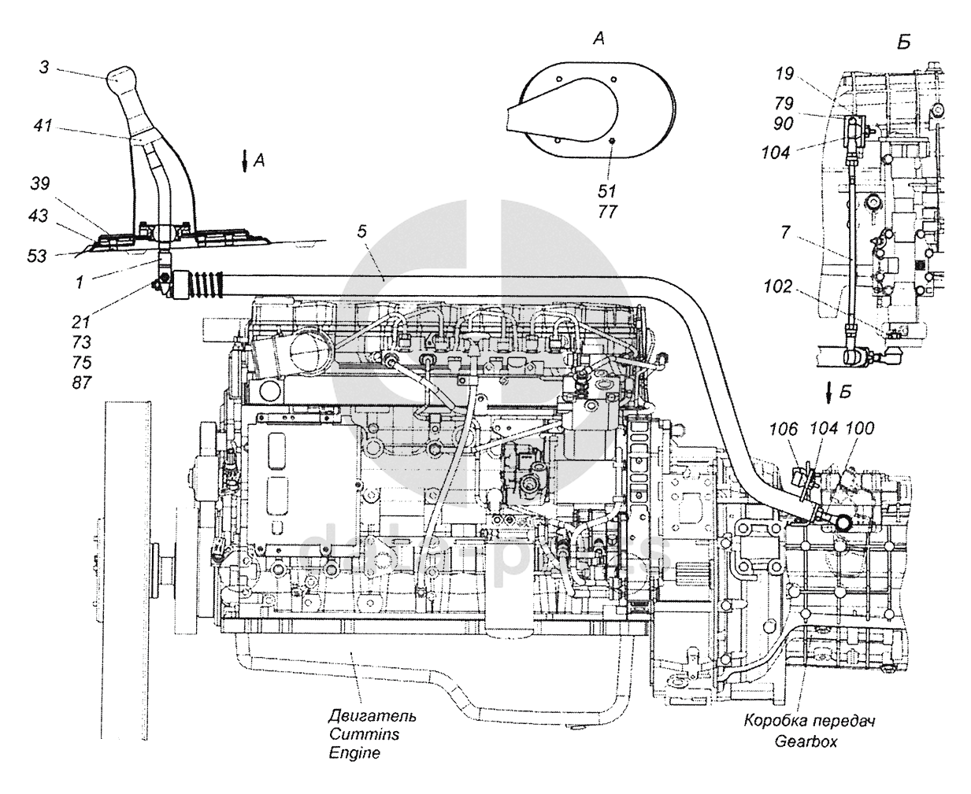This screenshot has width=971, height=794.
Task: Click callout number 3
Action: pyautogui.click(x=44, y=67)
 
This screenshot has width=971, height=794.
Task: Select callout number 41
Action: pyautogui.click(x=43, y=125)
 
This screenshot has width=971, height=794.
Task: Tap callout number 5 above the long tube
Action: pyautogui.click(x=362, y=231)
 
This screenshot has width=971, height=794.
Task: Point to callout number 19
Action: pyautogui.click(x=784, y=74)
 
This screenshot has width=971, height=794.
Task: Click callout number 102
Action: pyautogui.click(x=777, y=286)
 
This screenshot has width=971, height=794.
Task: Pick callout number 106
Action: pyautogui.click(x=783, y=429)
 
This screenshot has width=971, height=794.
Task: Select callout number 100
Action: pyautogui.click(x=860, y=428)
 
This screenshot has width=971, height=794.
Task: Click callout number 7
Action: pyautogui.click(x=785, y=232)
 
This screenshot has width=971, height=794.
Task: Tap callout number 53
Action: pyautogui.click(x=37, y=257)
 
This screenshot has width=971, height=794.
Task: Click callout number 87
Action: pyautogui.click(x=82, y=382)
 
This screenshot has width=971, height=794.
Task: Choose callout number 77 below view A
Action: pyautogui.click(x=608, y=212)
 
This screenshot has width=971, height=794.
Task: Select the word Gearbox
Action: pyautogui.click(x=806, y=741)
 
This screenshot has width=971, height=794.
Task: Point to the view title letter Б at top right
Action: pyautogui.click(x=904, y=42)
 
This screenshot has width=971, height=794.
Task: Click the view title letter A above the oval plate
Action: pyautogui.click(x=599, y=39)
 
